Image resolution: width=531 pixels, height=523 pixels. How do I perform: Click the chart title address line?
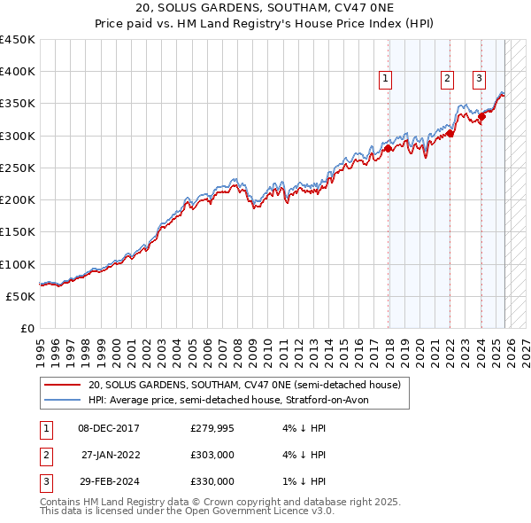[x=265, y=8]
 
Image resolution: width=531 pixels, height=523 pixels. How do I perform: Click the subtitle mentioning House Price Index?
[x=265, y=23]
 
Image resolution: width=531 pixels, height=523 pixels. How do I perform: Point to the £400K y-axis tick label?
[x=18, y=72]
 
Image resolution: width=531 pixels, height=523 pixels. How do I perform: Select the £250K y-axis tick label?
[x=18, y=168]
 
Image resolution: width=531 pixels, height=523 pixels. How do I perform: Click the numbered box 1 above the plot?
[x=386, y=79]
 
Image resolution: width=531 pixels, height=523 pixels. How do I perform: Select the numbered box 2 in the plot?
[x=447, y=79]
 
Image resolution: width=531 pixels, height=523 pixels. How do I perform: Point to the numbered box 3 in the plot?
[x=479, y=79]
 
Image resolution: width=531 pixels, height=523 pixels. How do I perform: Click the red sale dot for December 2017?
[x=389, y=149]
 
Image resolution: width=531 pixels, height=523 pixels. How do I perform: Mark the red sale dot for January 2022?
[x=450, y=134]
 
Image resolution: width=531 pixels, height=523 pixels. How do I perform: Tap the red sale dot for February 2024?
[x=481, y=117]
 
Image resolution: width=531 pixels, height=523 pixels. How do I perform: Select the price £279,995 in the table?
[x=212, y=428]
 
